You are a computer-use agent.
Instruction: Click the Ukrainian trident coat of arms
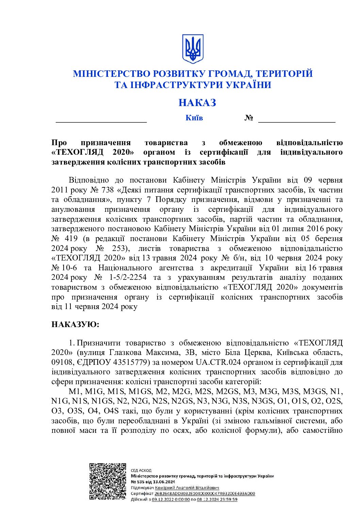click(x=193, y=49)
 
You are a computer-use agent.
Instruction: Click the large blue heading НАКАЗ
click(x=197, y=103)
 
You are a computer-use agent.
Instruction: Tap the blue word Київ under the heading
click(x=194, y=118)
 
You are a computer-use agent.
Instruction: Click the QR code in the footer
click(x=108, y=481)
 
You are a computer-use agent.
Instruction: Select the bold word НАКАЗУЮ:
click(x=75, y=325)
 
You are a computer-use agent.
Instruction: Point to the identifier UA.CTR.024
click(x=217, y=362)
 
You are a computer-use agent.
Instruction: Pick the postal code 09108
click(x=62, y=362)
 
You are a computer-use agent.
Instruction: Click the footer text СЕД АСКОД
click(x=141, y=470)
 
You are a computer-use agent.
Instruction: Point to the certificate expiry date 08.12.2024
click(x=208, y=499)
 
